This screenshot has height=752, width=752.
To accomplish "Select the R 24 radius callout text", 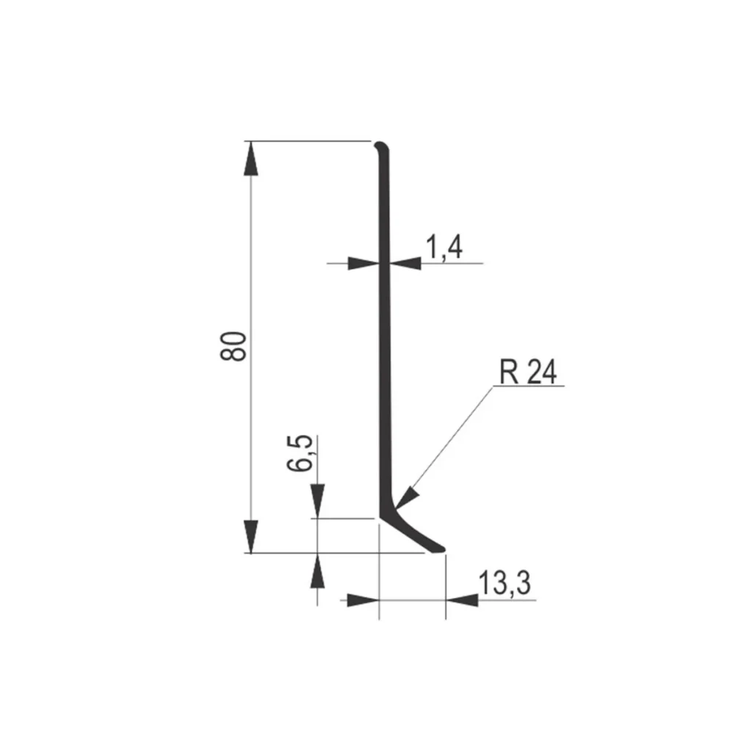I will point(528,373).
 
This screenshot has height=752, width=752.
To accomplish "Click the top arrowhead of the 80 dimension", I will point(250,157).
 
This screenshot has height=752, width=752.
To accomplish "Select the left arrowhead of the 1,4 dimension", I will point(363,263).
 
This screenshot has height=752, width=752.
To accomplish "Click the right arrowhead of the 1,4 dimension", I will point(405,263).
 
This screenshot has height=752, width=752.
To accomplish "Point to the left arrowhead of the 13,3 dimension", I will point(362,600).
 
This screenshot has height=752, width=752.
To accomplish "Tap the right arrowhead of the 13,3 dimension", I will point(462,600).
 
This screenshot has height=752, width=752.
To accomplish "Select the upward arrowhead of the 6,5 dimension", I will point(317,571).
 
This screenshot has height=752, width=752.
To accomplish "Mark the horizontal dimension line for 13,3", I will point(411,600).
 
